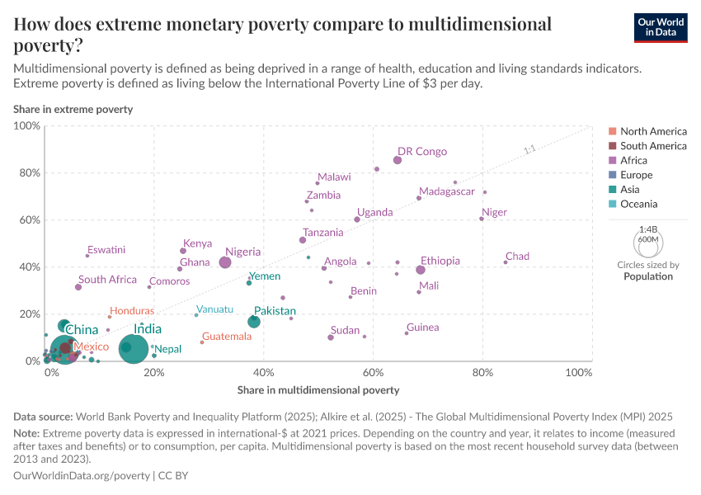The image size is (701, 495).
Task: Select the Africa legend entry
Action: point(634,160)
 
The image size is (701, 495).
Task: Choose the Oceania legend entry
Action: point(638,204)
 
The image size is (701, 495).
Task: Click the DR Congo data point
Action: point(398,160)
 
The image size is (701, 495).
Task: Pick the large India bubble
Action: point(134,349)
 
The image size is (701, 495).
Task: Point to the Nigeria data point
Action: point(225,262)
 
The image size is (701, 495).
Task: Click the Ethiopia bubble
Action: point(421,270)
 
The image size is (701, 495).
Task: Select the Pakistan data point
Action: point(254,321)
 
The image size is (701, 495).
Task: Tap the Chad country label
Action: point(517,257)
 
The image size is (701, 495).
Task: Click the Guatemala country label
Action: point(227,337)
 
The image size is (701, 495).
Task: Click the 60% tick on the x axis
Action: point(374,373)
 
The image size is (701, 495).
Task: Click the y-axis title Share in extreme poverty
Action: point(73,109)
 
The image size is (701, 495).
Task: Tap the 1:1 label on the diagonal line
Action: point(529,150)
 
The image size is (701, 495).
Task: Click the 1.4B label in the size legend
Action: point(648,229)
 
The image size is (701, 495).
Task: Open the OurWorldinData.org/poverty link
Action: point(82,476)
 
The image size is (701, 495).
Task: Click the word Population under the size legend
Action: point(648,276)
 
